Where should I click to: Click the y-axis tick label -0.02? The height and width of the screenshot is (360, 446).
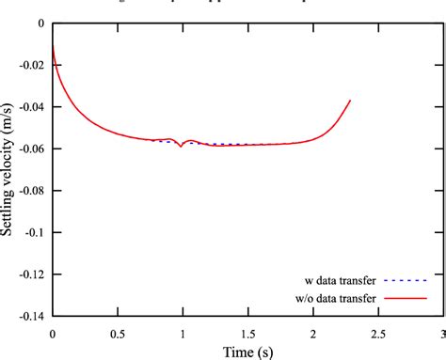pos(32,65)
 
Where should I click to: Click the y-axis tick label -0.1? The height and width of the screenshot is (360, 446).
pos(35,232)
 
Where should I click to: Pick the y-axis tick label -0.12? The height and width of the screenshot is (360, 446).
pos(32,274)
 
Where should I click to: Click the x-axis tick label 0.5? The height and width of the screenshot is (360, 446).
pos(118,334)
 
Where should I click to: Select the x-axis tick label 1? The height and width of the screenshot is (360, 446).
pos(183,334)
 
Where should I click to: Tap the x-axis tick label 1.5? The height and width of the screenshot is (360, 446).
pos(247,334)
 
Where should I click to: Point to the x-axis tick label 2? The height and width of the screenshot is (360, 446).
pos(312,334)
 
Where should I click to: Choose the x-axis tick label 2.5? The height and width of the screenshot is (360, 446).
pos(377,334)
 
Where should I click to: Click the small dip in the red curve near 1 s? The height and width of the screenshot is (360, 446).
pos(181,146)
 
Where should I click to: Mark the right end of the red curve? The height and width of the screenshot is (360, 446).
pos(350,101)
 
